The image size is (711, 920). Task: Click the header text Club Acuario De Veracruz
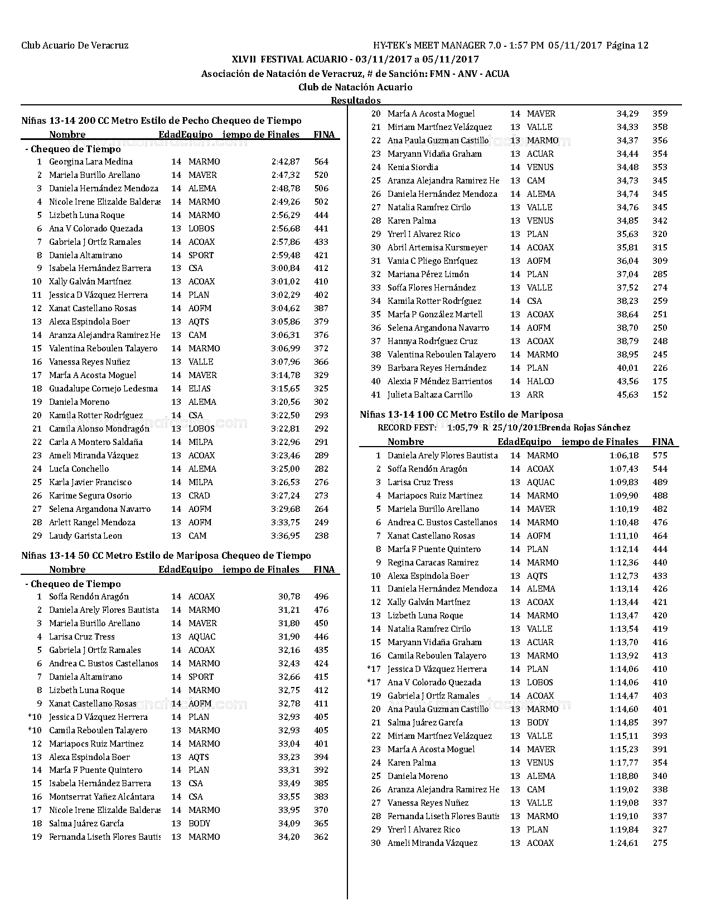(75, 46)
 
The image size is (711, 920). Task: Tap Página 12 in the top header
(627, 46)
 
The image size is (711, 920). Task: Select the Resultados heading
(356, 100)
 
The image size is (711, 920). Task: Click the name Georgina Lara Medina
(91, 162)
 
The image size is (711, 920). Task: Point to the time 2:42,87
(286, 162)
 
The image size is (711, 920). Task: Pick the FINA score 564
(321, 162)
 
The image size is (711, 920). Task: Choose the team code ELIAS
(200, 389)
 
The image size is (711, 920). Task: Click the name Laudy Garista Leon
(85, 536)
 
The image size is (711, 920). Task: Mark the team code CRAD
(199, 496)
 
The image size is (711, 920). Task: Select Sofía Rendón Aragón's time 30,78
(289, 597)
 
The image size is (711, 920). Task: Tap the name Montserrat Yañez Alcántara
(101, 797)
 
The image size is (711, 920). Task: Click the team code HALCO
(540, 381)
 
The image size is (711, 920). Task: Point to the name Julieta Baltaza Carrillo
(430, 395)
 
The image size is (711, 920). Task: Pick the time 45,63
(627, 395)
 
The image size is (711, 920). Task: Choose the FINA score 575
(660, 456)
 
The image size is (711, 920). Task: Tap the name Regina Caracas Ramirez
(433, 563)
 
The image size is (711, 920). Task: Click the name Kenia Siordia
(413, 167)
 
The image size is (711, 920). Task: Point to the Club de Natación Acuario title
(355, 87)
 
